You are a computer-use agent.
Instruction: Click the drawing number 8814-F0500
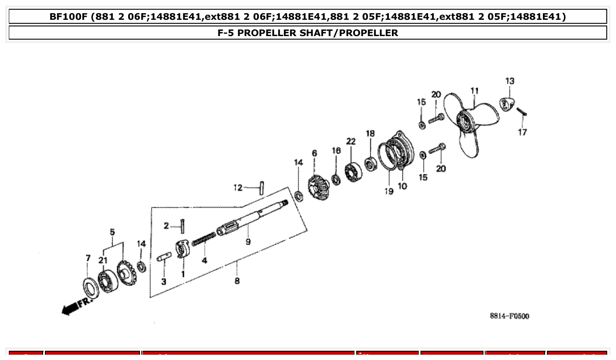[x=509, y=316]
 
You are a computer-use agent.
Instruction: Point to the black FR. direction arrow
[x=75, y=306]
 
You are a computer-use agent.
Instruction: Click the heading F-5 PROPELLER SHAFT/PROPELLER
[x=308, y=33]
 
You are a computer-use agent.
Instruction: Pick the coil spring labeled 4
[x=204, y=240]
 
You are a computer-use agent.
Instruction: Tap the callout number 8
[x=237, y=281]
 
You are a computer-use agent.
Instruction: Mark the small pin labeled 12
[x=261, y=188]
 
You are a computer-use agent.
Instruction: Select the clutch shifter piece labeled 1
[x=182, y=250]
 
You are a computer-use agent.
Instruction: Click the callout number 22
[x=350, y=141]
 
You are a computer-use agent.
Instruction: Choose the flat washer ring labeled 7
[x=91, y=288]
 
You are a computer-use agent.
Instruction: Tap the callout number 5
[x=112, y=231]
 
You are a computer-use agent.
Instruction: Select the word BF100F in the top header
[x=68, y=17]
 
